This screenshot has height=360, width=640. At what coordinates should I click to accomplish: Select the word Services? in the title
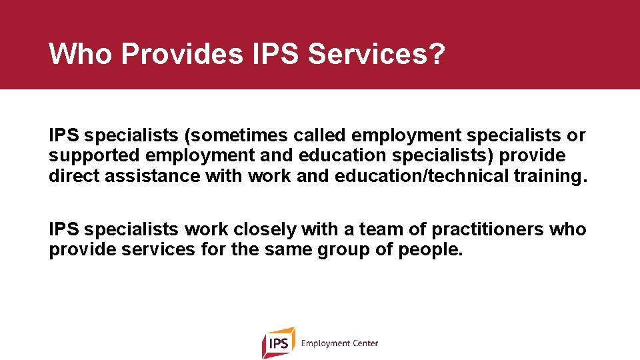(376, 54)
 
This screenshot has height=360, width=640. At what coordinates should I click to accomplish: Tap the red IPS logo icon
(279, 343)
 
